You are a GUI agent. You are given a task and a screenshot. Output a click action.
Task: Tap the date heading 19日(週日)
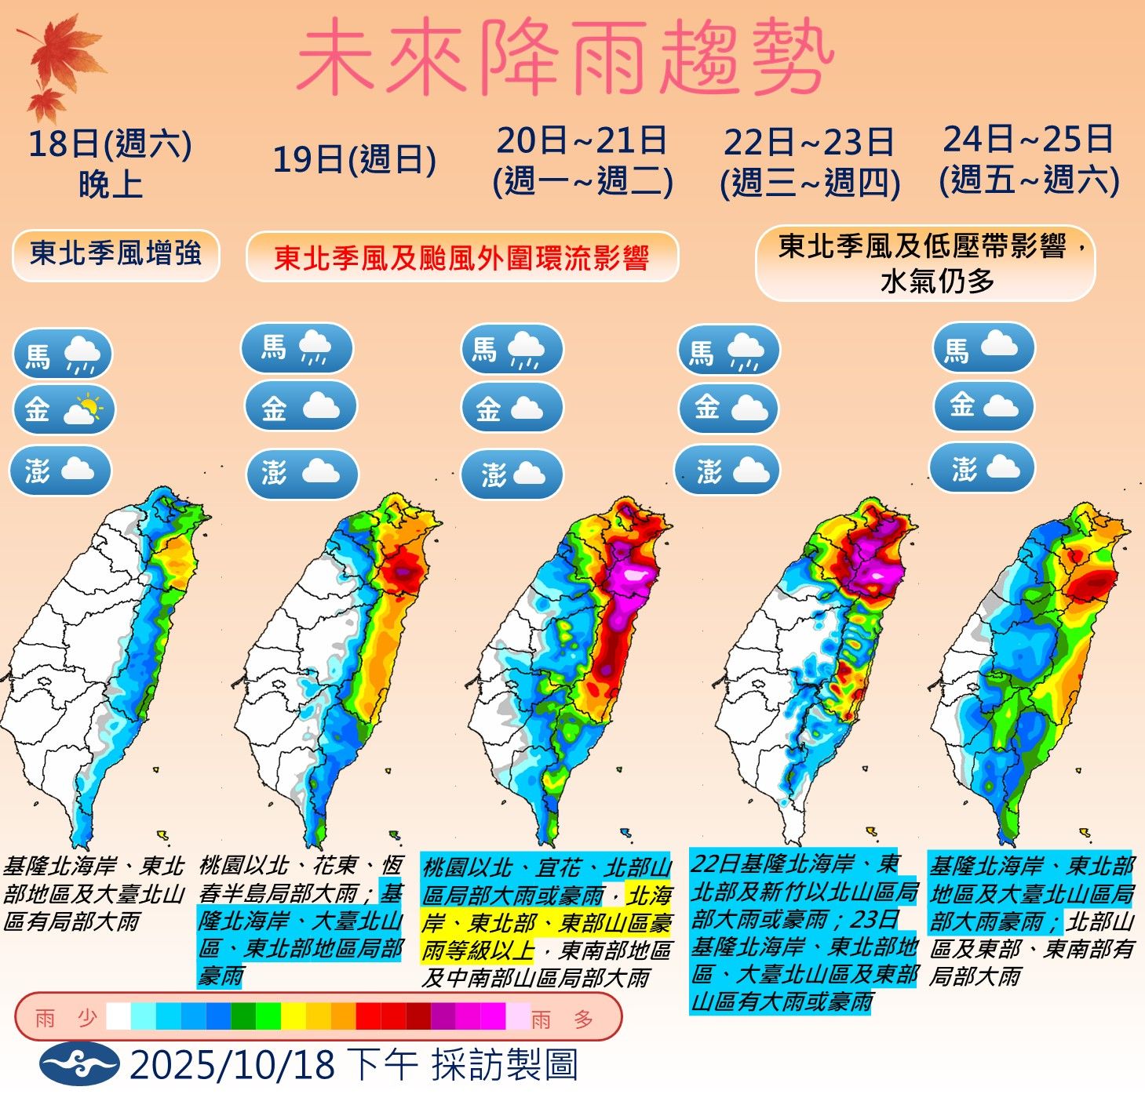(x=354, y=160)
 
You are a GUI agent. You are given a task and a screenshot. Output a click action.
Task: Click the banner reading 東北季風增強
(x=115, y=254)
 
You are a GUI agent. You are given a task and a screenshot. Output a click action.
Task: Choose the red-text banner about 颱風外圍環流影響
(x=461, y=257)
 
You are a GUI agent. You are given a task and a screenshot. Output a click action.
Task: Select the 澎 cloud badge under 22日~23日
(x=728, y=471)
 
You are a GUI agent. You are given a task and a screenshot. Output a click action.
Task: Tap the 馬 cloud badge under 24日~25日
(x=983, y=347)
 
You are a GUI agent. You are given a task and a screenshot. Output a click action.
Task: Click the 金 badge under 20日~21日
(x=512, y=408)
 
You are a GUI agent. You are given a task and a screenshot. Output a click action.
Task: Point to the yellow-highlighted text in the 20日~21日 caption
(x=547, y=922)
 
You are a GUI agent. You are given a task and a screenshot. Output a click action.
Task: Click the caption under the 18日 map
(x=93, y=893)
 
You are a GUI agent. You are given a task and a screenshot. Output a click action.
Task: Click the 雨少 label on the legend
(x=66, y=1019)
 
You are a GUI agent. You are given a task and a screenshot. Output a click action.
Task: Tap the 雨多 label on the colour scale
(x=562, y=1019)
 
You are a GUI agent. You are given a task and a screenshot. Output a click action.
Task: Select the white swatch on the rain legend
(x=119, y=1016)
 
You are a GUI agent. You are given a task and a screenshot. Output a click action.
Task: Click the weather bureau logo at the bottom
(x=79, y=1063)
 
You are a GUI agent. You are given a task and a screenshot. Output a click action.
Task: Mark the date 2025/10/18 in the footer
(x=232, y=1065)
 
